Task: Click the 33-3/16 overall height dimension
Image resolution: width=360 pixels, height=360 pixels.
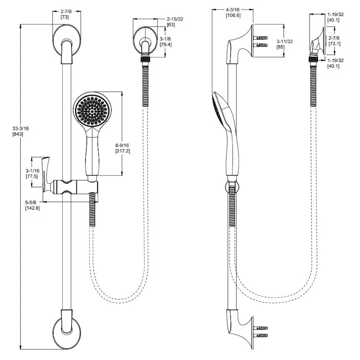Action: (20, 128)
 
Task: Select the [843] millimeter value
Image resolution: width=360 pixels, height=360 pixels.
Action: (18, 134)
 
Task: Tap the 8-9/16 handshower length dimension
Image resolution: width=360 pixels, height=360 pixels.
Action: (122, 145)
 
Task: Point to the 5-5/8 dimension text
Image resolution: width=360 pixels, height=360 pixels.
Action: (30, 202)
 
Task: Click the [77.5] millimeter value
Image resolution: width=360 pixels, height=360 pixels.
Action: (32, 176)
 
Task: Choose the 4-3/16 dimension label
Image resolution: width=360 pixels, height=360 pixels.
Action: (232, 10)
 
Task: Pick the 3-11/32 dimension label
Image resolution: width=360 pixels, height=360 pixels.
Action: (285, 41)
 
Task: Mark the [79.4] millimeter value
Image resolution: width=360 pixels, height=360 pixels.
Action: (166, 44)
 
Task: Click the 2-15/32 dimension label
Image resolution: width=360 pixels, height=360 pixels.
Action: (175, 19)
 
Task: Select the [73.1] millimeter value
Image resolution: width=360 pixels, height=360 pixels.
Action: (334, 44)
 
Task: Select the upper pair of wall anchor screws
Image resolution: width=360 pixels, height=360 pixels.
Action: (260, 41)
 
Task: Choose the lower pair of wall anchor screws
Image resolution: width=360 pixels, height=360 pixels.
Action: (260, 332)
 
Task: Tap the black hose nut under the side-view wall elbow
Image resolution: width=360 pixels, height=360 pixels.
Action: (313, 59)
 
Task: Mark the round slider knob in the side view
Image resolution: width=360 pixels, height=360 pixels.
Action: (232, 186)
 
